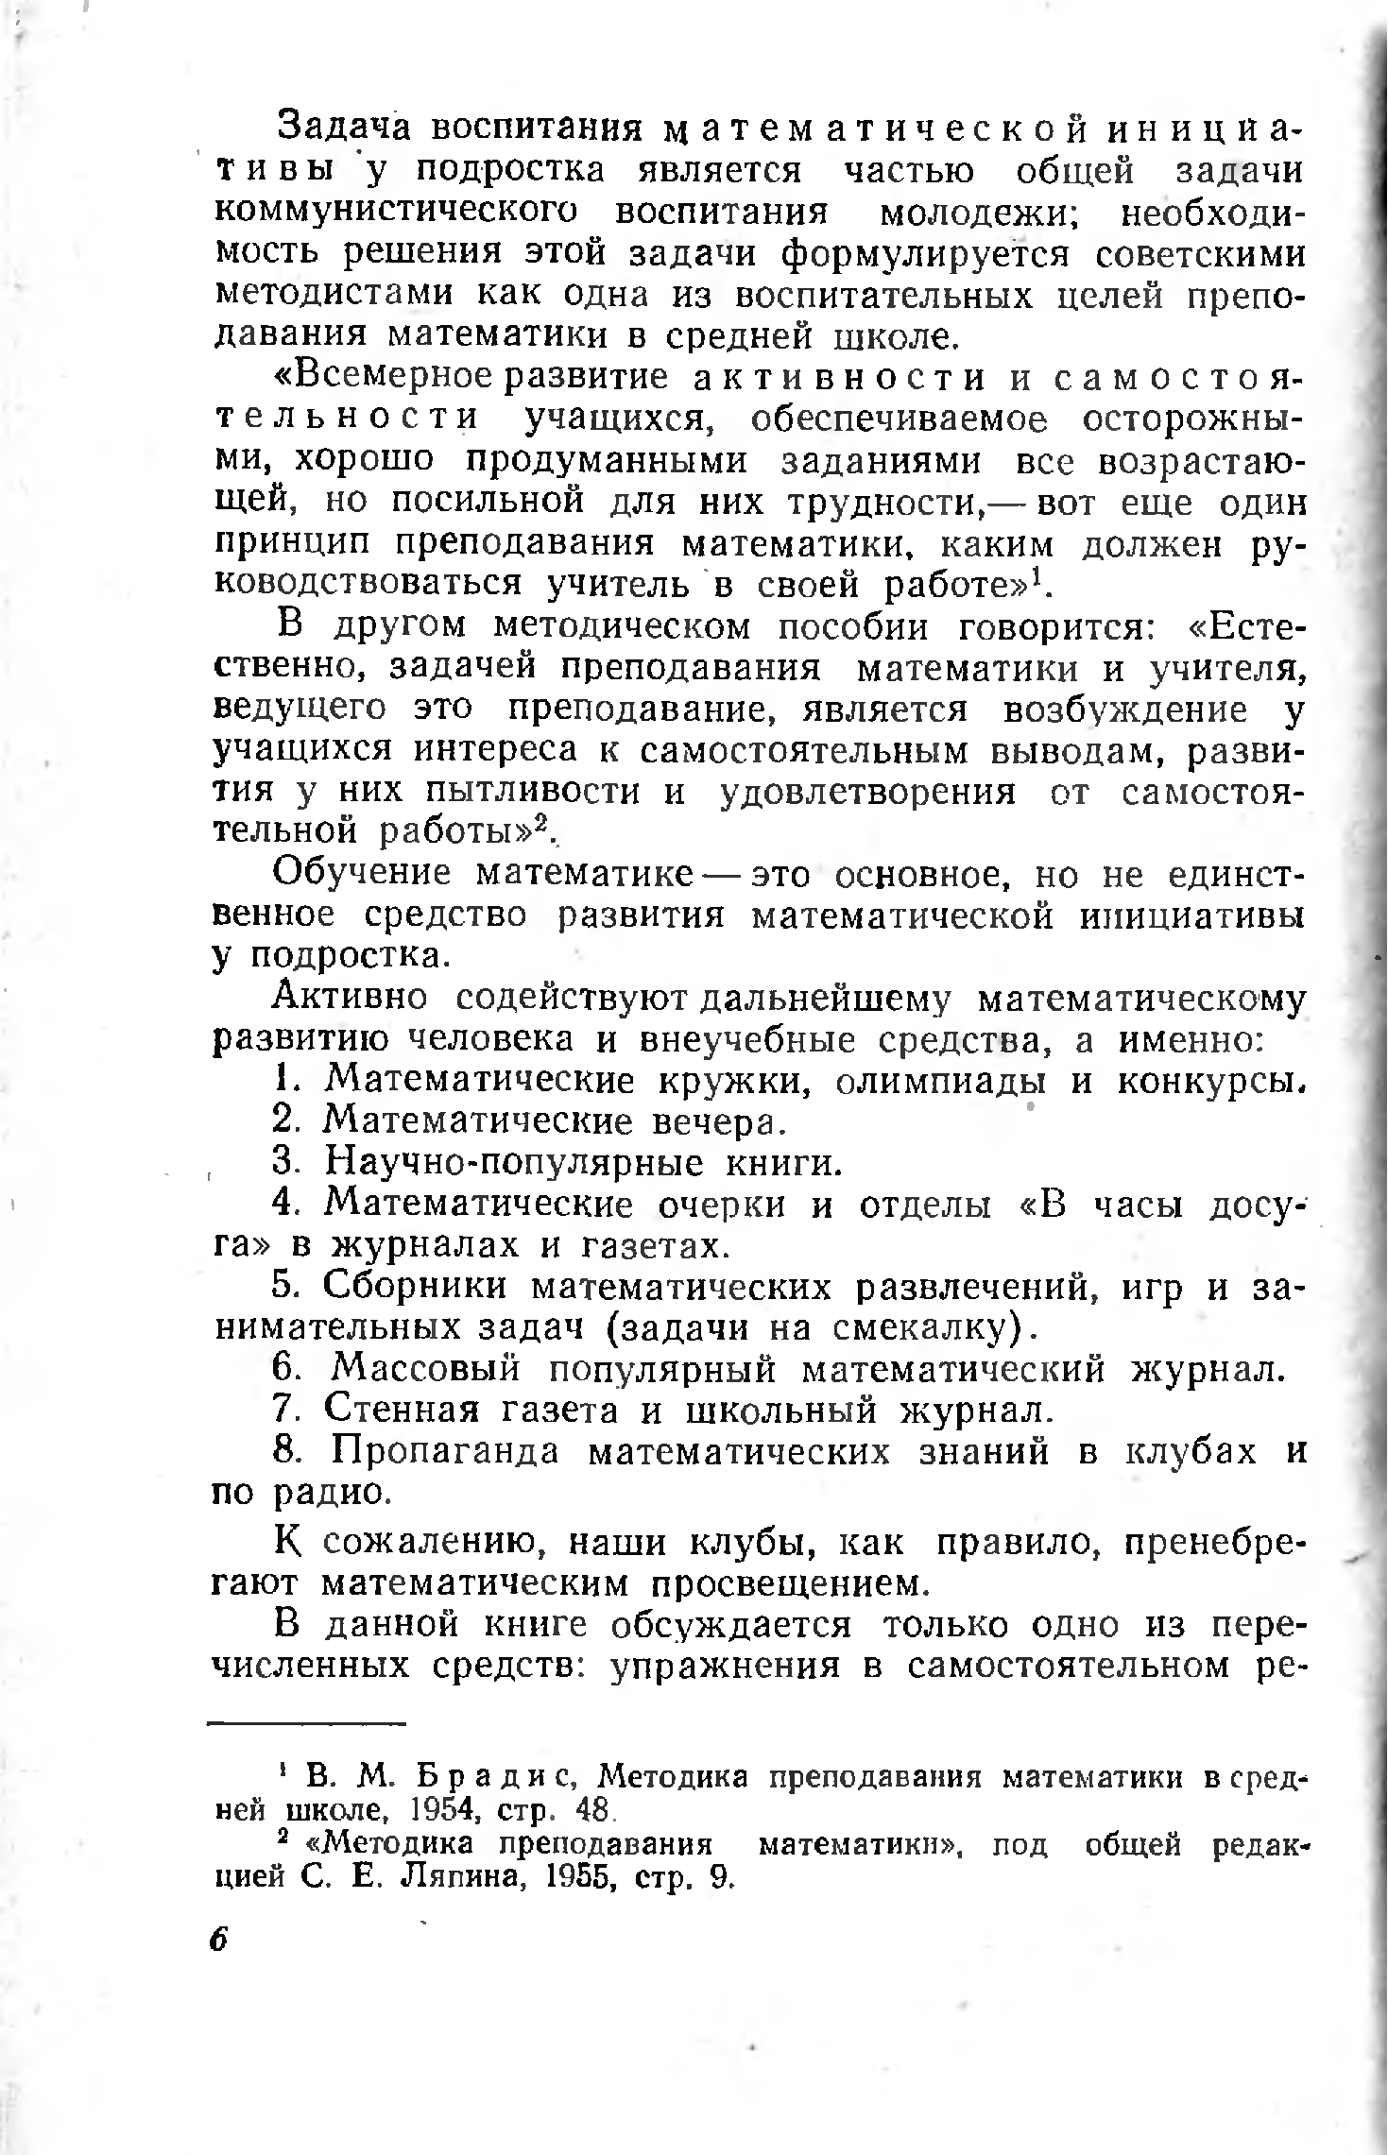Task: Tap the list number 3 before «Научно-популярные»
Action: [284, 1161]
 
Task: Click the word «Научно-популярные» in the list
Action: [514, 1162]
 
